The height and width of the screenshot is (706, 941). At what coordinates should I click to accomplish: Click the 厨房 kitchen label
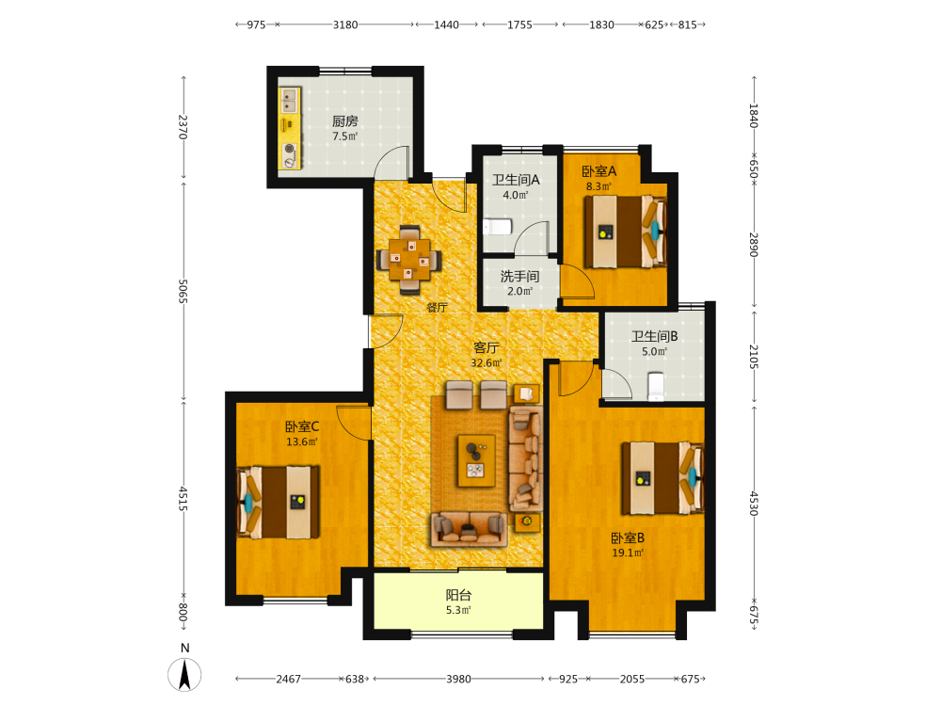[x=345, y=121]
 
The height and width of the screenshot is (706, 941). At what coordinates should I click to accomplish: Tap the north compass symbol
[x=184, y=674]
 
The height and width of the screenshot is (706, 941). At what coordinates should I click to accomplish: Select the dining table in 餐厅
[x=409, y=260]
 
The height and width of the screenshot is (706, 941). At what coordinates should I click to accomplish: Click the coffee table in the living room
[x=476, y=460]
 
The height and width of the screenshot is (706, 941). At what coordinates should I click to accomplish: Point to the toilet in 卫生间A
[x=498, y=226]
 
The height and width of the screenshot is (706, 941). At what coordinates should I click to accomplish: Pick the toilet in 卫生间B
[x=656, y=386]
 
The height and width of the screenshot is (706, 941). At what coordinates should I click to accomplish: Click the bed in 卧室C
[x=279, y=503]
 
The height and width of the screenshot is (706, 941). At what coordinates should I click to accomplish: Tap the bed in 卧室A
[x=626, y=232]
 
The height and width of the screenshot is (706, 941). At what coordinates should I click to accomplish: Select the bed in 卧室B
[x=662, y=478]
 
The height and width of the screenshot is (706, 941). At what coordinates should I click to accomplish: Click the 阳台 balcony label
[x=458, y=595]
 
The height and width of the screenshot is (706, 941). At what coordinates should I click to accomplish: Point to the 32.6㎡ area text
[x=486, y=362]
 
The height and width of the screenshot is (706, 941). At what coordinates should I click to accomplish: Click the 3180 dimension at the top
[x=345, y=24]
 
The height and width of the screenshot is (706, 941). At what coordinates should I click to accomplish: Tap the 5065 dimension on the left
[x=183, y=291]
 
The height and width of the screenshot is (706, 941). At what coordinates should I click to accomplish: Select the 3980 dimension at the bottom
[x=458, y=679]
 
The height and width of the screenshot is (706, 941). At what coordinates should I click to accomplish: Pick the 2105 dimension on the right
[x=754, y=357]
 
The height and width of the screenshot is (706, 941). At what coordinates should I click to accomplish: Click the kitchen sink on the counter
[x=290, y=101]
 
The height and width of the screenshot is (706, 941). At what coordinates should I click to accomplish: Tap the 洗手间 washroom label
[x=519, y=276]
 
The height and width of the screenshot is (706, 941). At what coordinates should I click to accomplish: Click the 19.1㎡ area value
[x=628, y=553]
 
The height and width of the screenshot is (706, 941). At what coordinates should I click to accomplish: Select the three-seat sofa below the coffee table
[x=470, y=529]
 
